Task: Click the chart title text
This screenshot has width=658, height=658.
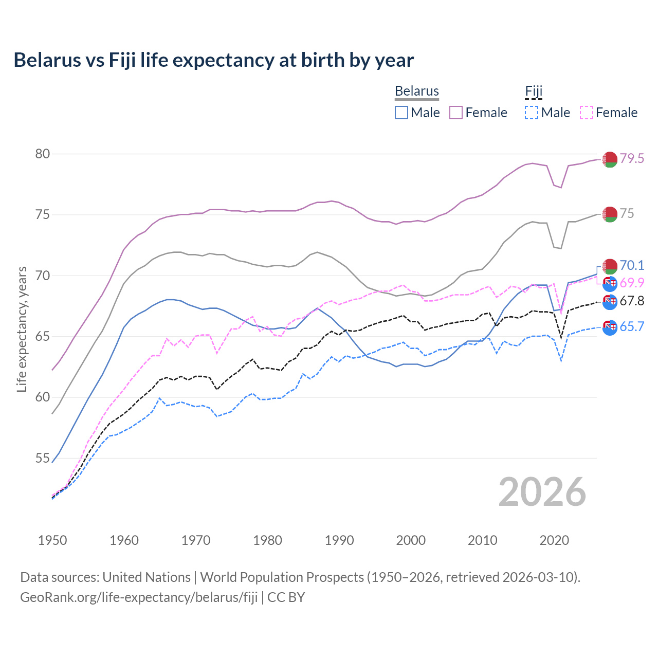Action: tap(213, 60)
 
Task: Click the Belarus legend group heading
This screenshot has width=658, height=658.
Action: tap(416, 91)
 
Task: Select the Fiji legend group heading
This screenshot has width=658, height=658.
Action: tap(534, 91)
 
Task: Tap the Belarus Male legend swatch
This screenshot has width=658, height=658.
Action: tap(401, 113)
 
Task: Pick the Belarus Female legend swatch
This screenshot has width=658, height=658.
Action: tap(456, 113)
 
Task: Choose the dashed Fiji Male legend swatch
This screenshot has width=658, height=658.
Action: tap(532, 113)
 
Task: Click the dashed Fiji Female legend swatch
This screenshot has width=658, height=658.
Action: tap(586, 113)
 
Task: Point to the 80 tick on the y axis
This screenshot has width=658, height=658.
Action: tap(43, 154)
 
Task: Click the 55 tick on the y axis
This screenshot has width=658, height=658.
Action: tap(43, 458)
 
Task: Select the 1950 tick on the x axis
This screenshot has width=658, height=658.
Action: tap(52, 540)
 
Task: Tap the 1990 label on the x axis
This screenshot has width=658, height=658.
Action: tap(339, 540)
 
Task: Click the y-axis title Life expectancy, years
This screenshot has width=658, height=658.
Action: tap(22, 329)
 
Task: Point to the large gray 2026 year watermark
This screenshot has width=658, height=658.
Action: tap(542, 492)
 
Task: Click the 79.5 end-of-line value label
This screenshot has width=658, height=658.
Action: tap(632, 159)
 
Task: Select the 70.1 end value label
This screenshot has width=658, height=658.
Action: tap(632, 265)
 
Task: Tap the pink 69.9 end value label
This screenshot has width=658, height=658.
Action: tap(632, 283)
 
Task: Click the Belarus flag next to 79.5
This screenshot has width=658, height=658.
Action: tap(610, 159)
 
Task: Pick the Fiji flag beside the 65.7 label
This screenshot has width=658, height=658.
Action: tap(610, 327)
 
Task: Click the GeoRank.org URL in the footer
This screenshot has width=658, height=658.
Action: tap(139, 597)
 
